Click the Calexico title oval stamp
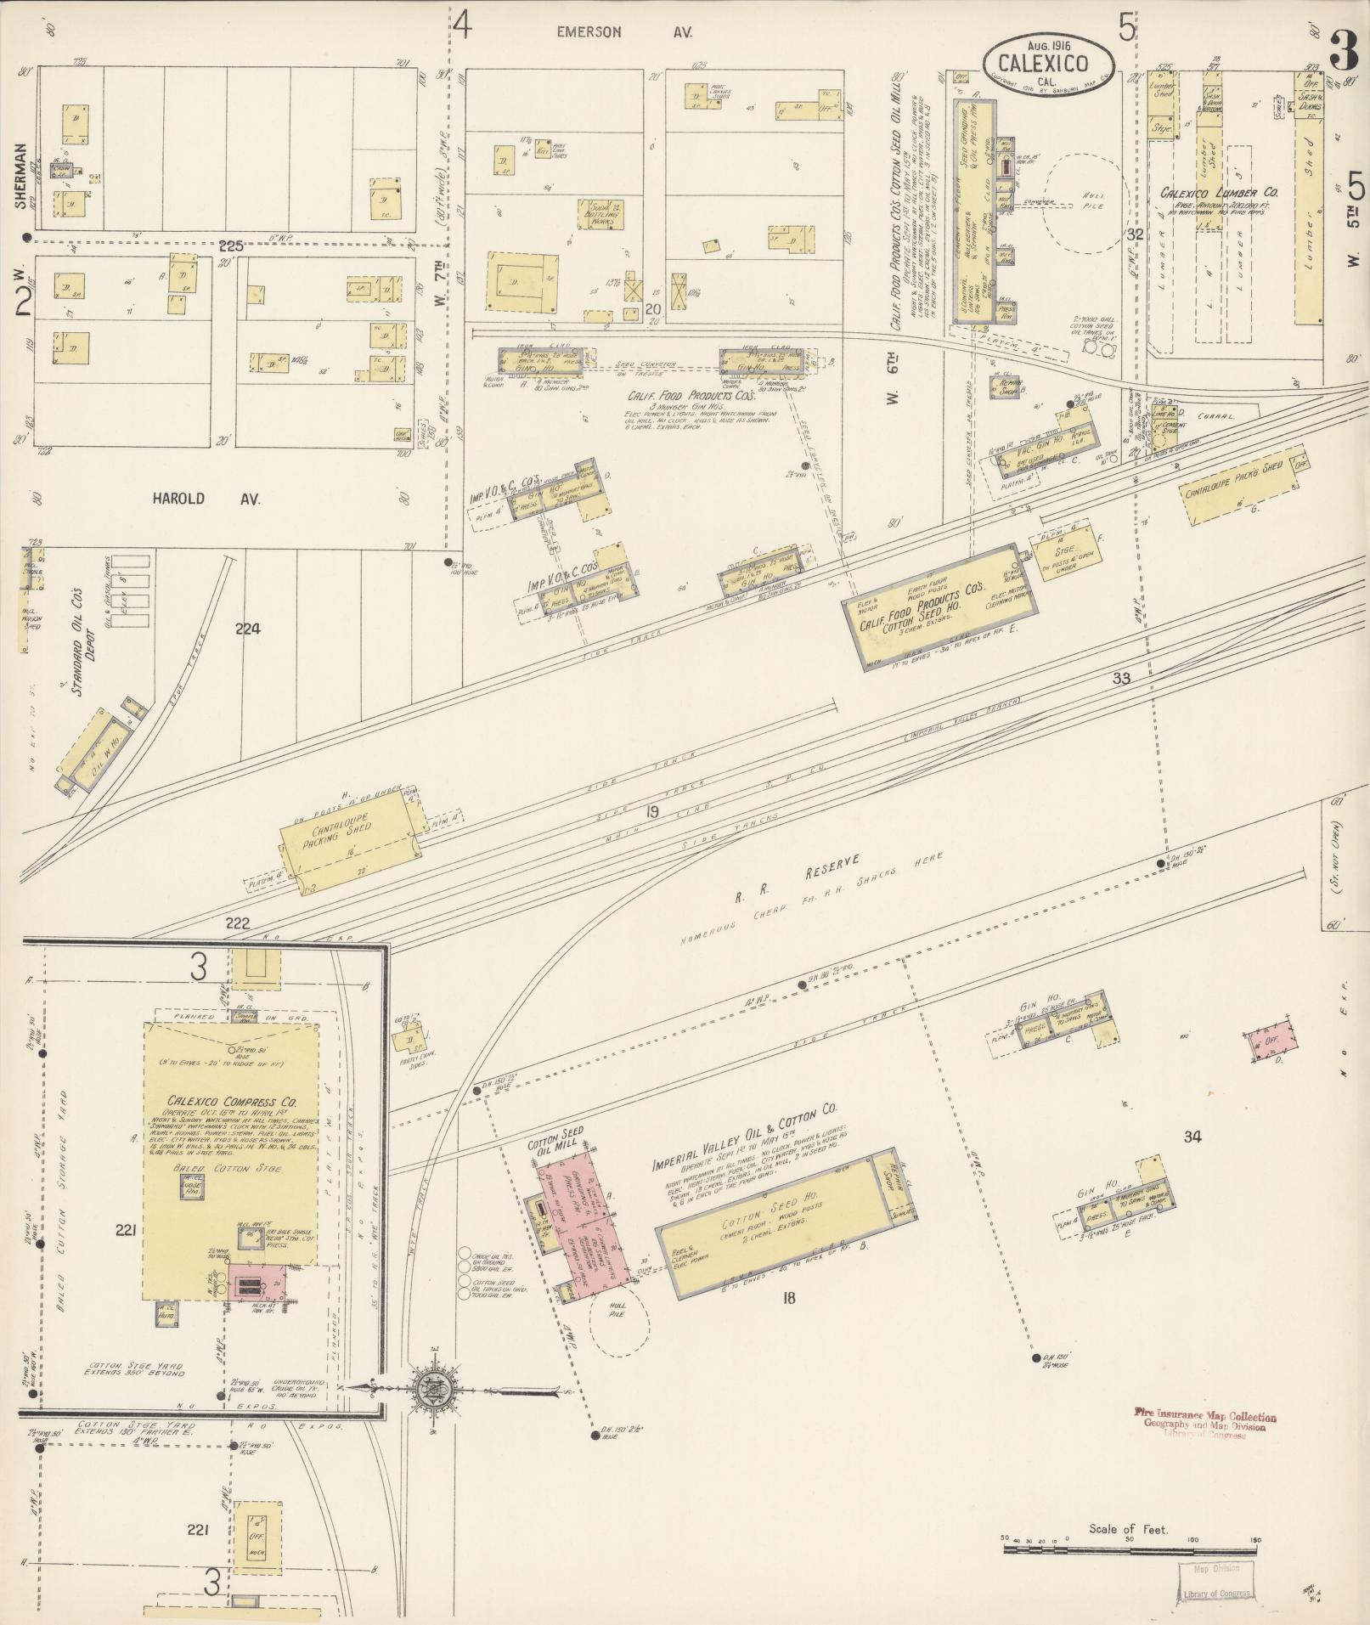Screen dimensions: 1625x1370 pos(1049,62)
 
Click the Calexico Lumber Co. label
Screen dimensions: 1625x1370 pos(1220,194)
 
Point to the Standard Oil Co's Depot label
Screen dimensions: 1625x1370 pos(81,641)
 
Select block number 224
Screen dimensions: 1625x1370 pos(249,629)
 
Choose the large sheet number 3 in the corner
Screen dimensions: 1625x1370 pos(1345,49)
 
